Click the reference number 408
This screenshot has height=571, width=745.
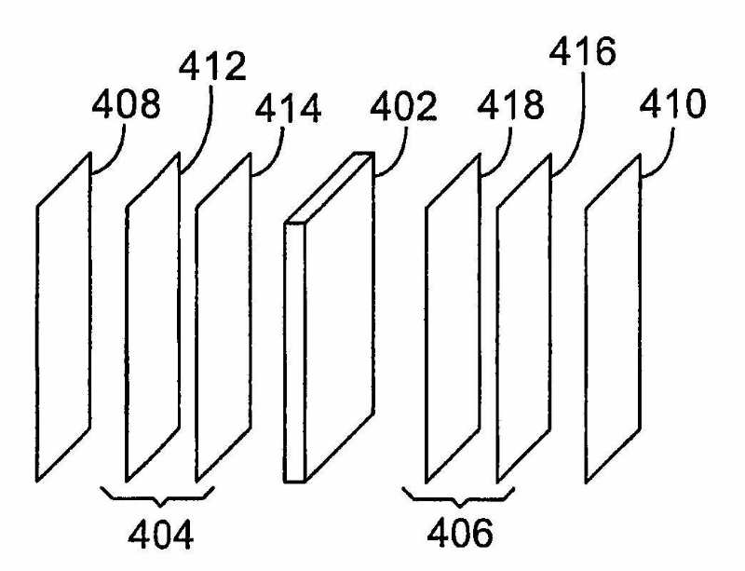point(126,106)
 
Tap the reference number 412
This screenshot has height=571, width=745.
point(212,67)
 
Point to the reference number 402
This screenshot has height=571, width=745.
point(401,108)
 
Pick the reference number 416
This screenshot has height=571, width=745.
point(583,54)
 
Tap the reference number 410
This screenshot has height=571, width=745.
point(673,106)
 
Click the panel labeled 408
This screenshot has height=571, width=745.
point(63,317)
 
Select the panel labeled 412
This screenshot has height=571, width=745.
point(153,317)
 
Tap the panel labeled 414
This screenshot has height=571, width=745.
point(223,317)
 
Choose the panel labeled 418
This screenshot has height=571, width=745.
point(453,317)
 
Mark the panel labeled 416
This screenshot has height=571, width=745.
point(525,317)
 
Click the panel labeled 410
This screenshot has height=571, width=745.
point(614,317)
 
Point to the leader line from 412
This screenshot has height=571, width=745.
point(201,130)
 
